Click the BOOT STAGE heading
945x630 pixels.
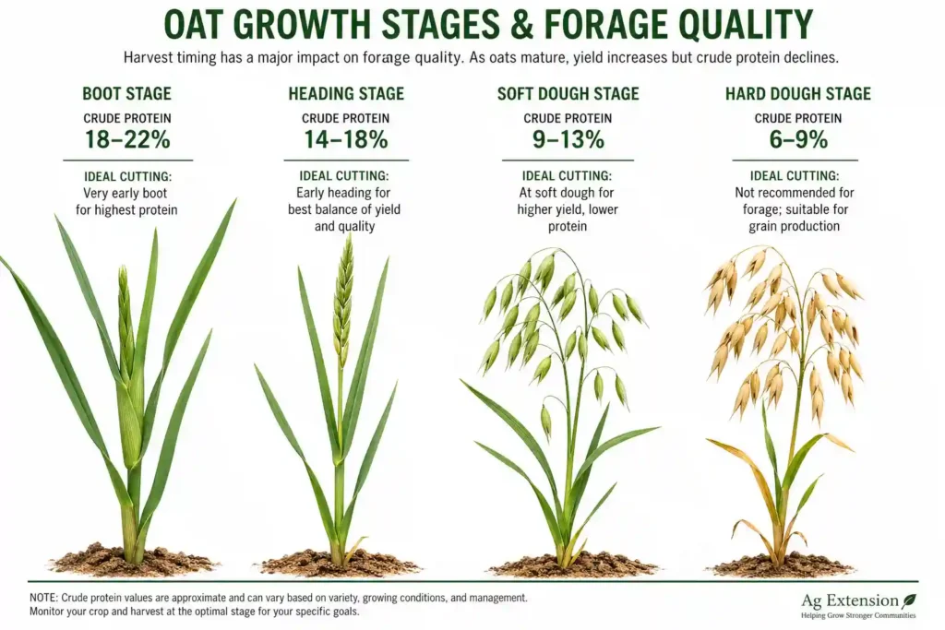126,94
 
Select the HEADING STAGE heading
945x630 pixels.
345,94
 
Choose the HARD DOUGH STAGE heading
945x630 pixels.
797,94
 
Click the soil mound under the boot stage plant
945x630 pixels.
134,560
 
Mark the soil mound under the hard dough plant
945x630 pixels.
781,563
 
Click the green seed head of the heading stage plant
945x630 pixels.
343,286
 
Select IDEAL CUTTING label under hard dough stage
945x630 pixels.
795,176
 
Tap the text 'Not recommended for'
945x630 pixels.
795,193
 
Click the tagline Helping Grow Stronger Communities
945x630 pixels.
857,616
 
